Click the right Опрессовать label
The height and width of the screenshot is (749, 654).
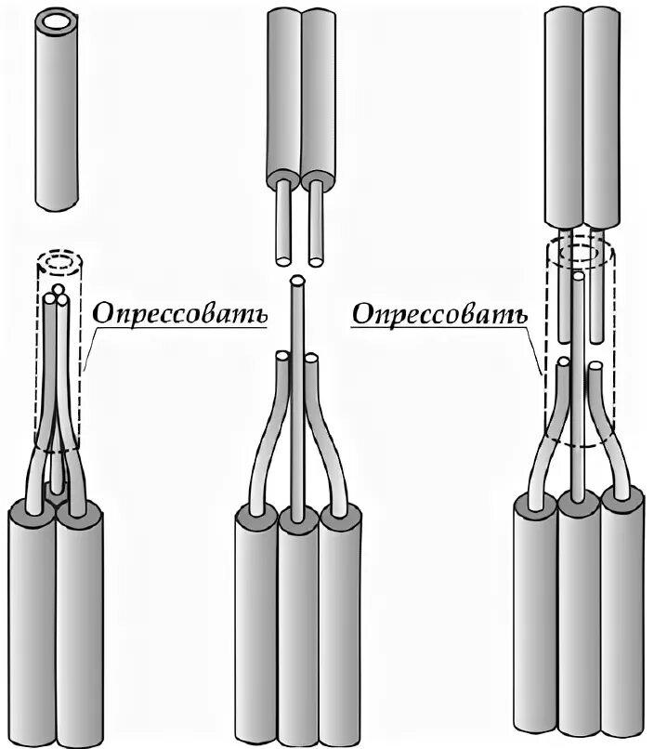click(x=438, y=313)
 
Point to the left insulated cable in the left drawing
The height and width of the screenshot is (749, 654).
click(x=32, y=623)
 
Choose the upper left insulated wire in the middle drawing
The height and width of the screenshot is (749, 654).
click(x=284, y=93)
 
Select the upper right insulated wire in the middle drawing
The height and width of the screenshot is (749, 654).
click(x=318, y=93)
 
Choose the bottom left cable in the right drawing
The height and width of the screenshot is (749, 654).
click(x=534, y=623)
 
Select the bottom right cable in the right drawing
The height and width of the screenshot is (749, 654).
click(x=622, y=623)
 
